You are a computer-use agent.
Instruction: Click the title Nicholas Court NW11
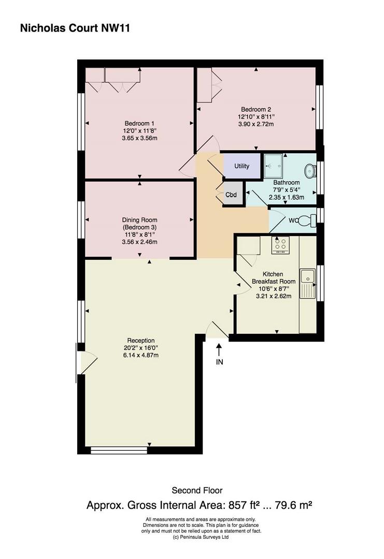[75, 28]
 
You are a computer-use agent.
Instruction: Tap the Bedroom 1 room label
[139, 123]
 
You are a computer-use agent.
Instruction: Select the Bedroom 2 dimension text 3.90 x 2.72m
[255, 124]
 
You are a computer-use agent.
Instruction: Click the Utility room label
[241, 166]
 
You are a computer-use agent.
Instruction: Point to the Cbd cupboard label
[231, 195]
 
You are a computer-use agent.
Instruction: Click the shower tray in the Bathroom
[274, 166]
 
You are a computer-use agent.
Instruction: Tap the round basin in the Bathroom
[310, 171]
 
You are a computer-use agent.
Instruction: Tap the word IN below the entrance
[219, 362]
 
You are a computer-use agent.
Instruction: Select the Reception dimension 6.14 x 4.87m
[141, 355]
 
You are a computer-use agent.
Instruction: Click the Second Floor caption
[197, 490]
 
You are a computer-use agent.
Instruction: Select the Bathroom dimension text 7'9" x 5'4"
[286, 190]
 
